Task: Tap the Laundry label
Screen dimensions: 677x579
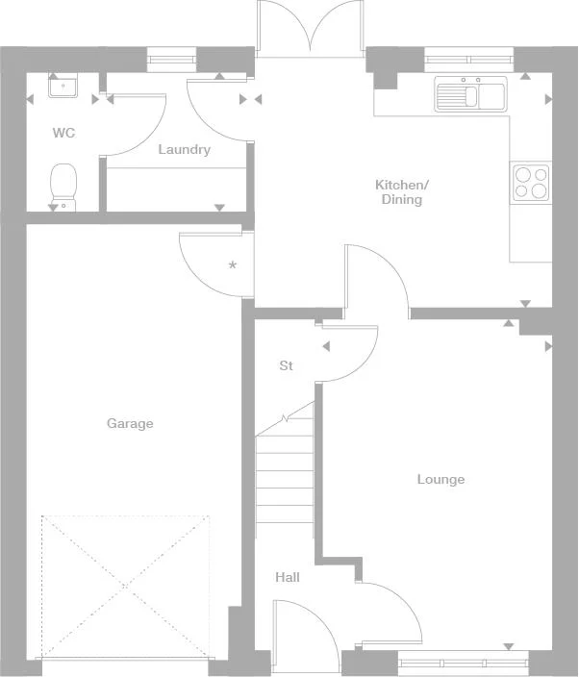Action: click(184, 150)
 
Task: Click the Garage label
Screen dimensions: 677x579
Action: click(130, 424)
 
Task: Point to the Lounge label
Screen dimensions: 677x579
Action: click(441, 480)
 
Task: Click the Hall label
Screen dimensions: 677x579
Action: click(288, 578)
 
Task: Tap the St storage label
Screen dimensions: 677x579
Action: click(286, 366)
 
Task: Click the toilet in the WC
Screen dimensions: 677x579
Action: click(63, 185)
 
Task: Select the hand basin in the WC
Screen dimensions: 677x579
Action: click(63, 88)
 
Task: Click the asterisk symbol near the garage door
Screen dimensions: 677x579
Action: click(232, 264)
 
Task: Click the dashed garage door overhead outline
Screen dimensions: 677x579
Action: click(125, 587)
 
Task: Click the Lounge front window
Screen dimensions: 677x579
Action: click(463, 662)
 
